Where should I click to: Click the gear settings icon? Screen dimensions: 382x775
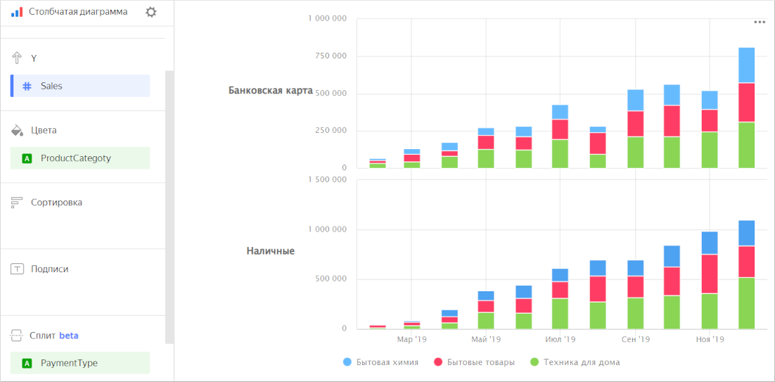click(x=150, y=12)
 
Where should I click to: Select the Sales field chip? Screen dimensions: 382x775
click(x=80, y=86)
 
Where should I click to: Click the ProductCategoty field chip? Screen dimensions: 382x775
click(x=80, y=158)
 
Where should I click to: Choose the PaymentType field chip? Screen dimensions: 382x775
click(x=80, y=363)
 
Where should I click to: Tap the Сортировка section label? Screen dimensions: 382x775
click(x=56, y=203)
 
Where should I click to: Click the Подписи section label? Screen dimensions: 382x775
click(x=49, y=269)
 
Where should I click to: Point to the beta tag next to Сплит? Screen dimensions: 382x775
click(x=69, y=336)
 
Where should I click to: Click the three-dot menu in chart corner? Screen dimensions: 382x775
click(x=760, y=22)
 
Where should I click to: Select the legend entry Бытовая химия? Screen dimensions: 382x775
click(x=387, y=362)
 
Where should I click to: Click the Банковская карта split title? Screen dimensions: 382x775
click(x=270, y=91)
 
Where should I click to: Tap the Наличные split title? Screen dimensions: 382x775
click(x=270, y=251)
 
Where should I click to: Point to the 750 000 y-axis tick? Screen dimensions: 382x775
click(x=327, y=56)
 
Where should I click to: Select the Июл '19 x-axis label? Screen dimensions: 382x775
click(x=561, y=340)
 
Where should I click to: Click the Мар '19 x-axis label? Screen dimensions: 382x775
click(x=411, y=340)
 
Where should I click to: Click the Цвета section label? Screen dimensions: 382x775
click(x=44, y=130)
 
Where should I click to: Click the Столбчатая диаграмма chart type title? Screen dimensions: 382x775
click(x=78, y=12)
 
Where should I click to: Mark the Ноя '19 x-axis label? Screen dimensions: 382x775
click(x=710, y=340)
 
